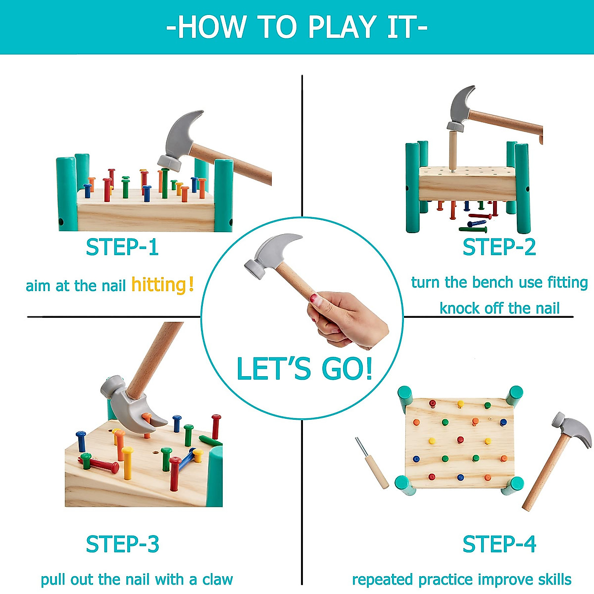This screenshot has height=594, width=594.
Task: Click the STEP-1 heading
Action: pyautogui.click(x=122, y=247)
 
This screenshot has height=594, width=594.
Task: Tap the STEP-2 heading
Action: pyautogui.click(x=499, y=247)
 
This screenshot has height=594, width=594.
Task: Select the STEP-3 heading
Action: pyautogui.click(x=122, y=544)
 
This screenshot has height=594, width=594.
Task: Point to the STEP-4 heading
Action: pyautogui.click(x=499, y=544)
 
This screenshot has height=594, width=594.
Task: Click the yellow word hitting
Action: pyautogui.click(x=158, y=285)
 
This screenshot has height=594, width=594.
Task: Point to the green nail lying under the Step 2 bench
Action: pyautogui.click(x=473, y=229)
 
